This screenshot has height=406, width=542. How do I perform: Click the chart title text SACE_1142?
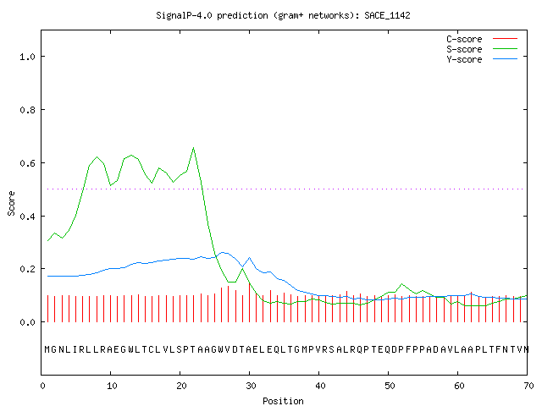[x=387, y=15]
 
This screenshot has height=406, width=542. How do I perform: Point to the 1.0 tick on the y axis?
[x=28, y=57]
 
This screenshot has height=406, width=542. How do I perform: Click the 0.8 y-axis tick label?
[x=28, y=110]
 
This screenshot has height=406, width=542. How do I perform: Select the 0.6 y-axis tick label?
[x=28, y=163]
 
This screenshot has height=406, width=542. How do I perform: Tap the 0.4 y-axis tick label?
[x=28, y=217]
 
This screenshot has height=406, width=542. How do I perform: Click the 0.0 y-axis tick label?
[x=28, y=322]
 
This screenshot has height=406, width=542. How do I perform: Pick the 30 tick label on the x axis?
[x=251, y=386]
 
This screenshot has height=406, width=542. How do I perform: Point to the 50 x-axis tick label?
[x=390, y=386]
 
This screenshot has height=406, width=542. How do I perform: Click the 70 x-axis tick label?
[x=528, y=386]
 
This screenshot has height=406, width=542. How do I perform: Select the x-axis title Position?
[x=283, y=401]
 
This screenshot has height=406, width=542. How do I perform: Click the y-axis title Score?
[x=11, y=203]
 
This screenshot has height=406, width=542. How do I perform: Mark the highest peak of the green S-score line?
[x=194, y=148]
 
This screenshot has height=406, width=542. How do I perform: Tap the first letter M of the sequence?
[x=47, y=349]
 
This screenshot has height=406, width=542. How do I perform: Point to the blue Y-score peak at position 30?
[x=249, y=257]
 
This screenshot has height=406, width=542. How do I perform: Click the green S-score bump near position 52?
[x=401, y=284]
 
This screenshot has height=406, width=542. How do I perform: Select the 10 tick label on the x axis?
[x=112, y=386]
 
